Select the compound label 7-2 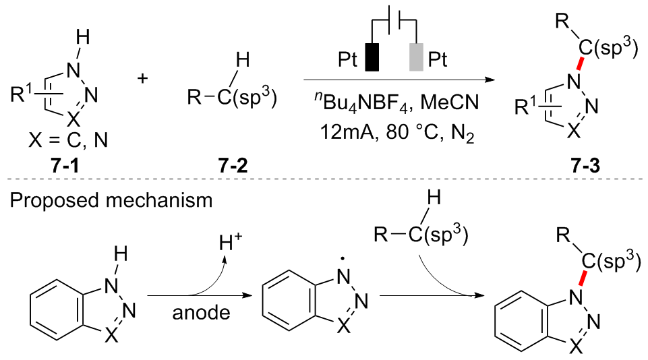230,164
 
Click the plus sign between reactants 143,78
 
